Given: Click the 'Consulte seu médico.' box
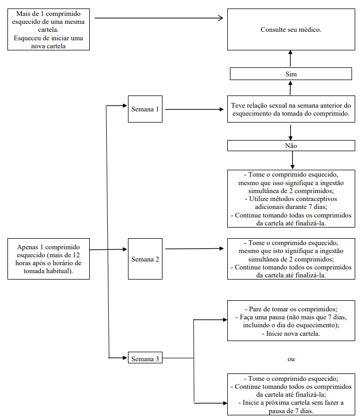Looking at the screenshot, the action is [291, 29].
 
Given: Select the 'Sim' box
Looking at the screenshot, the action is [291, 74].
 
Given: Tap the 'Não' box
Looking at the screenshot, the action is [291, 145].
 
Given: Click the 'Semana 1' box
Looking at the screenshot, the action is [145, 109].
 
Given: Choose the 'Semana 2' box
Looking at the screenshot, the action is [145, 259].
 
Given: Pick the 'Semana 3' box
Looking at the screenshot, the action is [145, 358].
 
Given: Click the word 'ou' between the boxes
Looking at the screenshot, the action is [291, 359].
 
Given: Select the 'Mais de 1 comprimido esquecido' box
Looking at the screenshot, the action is [48, 29].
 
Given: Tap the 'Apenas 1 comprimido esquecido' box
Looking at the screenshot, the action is [48, 259].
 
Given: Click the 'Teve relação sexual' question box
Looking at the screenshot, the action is [291, 109].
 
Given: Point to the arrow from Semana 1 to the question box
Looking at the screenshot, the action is [194, 109].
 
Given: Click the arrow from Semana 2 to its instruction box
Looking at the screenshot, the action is [194, 249].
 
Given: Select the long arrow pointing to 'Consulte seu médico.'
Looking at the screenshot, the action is [159, 18].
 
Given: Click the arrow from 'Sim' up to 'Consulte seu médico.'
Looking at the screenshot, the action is [290, 58].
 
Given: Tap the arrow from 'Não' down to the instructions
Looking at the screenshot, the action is [293, 160].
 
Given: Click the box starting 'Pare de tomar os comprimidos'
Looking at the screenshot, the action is [291, 321].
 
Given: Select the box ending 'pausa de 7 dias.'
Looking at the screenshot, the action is [291, 394].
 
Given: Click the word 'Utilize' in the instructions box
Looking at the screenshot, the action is [259, 199].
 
